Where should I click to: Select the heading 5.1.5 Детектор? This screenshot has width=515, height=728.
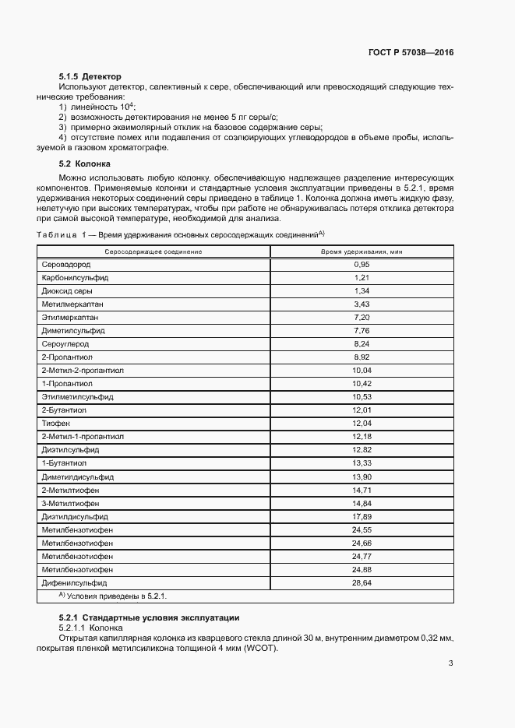(x=90, y=77)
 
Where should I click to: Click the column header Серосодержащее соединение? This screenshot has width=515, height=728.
(x=153, y=251)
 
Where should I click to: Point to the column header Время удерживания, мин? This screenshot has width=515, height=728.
(x=362, y=251)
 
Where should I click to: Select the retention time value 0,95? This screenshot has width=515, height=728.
(x=361, y=265)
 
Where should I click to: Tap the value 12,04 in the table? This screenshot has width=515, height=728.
(x=361, y=423)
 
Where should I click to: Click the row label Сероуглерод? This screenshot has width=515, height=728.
(x=65, y=343)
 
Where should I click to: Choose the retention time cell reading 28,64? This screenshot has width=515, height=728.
(x=361, y=582)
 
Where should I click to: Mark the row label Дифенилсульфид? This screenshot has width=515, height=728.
(x=74, y=582)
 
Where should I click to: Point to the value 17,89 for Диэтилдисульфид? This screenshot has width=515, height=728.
(x=361, y=516)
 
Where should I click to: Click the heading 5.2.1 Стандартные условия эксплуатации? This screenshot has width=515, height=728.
(x=149, y=617)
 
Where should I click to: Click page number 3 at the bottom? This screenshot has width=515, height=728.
(x=450, y=663)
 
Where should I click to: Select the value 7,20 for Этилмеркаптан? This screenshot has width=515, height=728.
(x=361, y=318)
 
